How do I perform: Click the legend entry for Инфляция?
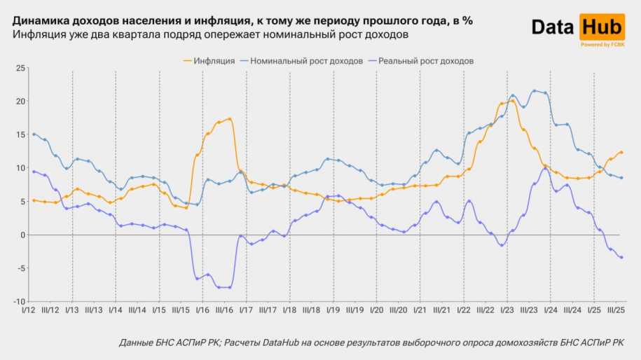tap(214, 61)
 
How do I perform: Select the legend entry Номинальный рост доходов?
tap(306, 61)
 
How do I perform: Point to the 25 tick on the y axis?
tap(20, 68)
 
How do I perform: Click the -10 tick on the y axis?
tap(18, 302)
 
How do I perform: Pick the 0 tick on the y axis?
tap(22, 235)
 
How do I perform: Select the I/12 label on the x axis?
tap(29, 310)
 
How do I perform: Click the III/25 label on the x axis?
tap(616, 310)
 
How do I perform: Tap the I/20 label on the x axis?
tap(377, 310)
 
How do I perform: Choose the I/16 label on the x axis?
tap(202, 310)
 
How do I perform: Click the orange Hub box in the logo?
tap(602, 27)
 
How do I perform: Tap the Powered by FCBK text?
tap(602, 44)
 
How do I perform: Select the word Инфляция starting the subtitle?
tap(38, 34)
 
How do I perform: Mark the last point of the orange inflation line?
tap(621, 153)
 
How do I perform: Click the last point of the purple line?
tap(621, 258)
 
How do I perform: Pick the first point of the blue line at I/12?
tap(34, 134)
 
